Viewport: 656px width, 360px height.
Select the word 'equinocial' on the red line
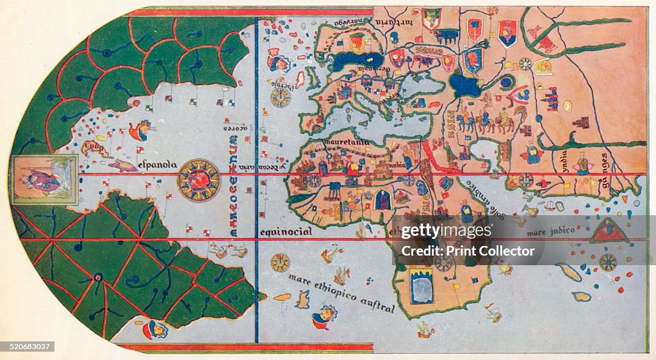click(286, 231)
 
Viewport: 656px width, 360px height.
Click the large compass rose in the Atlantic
click(199, 180)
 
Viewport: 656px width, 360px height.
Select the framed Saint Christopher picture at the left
click(44, 179)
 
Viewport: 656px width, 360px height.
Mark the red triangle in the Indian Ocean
click(608, 231)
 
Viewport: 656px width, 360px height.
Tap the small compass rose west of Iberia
click(280, 97)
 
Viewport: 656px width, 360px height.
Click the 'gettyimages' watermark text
click(447, 231)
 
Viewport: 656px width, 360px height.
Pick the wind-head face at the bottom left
click(155, 329)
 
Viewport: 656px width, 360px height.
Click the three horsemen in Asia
click(488, 122)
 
